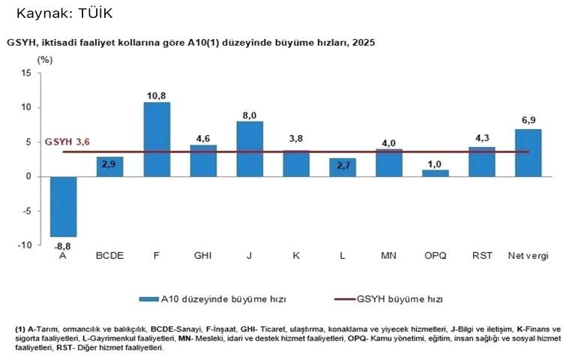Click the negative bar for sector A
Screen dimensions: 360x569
pos(63,206)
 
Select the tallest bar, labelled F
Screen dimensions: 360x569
pos(156,139)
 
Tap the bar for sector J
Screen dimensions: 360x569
pos(249,148)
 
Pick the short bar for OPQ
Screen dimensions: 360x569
pos(435,173)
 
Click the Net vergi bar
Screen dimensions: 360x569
pos(528,152)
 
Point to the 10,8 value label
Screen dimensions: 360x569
pos(156,95)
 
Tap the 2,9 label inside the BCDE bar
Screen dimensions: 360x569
pos(109,163)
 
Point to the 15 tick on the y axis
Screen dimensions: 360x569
pos(26,73)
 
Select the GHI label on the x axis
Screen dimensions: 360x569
pos(202,256)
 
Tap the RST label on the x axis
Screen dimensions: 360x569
pos(482,256)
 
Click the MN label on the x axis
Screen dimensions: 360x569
pos(388,256)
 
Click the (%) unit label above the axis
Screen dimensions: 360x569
pos(46,58)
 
